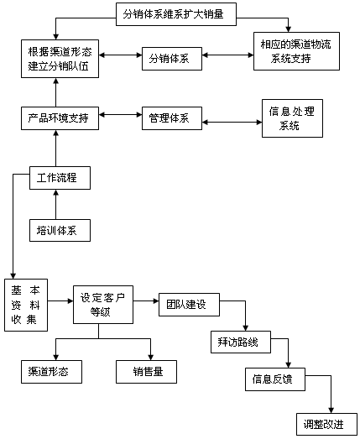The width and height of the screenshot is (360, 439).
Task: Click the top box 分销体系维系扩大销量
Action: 176,14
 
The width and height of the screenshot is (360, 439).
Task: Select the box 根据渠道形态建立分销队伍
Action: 60,59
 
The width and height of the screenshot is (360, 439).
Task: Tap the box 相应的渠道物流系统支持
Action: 296,51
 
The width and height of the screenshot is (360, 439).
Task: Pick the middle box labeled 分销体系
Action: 172,59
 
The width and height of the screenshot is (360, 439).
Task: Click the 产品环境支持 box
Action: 60,118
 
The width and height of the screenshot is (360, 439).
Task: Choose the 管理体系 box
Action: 172,118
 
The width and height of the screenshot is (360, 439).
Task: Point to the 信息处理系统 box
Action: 292,118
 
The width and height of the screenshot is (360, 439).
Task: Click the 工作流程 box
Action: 60,178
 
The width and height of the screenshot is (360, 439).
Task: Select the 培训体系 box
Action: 60,231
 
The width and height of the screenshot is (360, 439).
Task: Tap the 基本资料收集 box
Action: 26,306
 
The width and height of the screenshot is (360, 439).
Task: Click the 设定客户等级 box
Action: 103,305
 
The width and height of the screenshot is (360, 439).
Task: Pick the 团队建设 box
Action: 190,305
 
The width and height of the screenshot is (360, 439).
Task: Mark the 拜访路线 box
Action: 241,342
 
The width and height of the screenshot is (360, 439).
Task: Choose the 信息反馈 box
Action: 275,379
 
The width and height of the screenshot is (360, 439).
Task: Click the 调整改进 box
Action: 327,424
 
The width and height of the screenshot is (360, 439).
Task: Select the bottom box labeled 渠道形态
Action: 51,372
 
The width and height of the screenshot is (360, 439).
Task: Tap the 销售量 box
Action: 146,372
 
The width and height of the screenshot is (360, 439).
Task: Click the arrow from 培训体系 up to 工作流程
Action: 56,204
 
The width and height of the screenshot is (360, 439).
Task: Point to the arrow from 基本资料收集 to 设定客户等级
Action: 60,301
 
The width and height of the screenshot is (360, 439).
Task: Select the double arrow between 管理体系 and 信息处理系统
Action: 232,122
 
